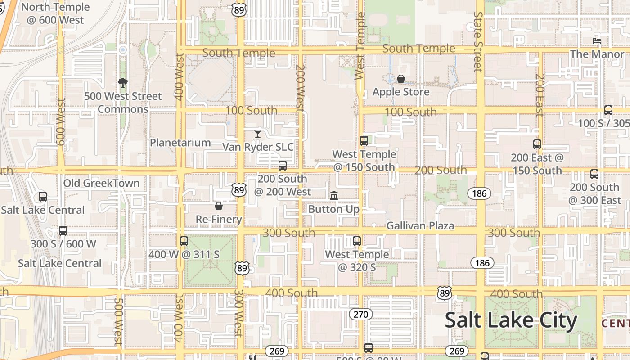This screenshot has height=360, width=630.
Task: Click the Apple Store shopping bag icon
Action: (400, 79)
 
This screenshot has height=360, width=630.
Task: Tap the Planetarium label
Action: (180, 143)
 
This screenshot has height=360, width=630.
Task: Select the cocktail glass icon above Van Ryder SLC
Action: (257, 133)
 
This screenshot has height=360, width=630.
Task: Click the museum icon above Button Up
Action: (334, 195)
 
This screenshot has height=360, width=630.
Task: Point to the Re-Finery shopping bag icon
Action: (219, 206)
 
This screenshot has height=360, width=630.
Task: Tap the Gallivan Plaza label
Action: (420, 225)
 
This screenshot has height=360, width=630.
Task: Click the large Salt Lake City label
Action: (511, 320)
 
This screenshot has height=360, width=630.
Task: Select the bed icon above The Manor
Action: (597, 41)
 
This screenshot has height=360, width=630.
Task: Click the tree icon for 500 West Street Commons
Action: (122, 83)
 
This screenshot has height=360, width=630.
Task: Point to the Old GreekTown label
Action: (101, 183)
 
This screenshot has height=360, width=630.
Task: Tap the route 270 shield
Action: (360, 314)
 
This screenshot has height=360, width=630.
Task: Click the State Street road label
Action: (478, 41)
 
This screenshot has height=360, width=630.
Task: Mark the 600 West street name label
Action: (61, 121)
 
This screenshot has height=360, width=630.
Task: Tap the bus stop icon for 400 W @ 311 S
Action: (184, 241)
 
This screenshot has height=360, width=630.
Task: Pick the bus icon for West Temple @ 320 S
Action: (357, 241)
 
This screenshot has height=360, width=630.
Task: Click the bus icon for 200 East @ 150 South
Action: (537, 144)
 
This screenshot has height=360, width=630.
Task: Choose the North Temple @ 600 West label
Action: (55, 13)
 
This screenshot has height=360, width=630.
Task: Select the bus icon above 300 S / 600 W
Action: (63, 230)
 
